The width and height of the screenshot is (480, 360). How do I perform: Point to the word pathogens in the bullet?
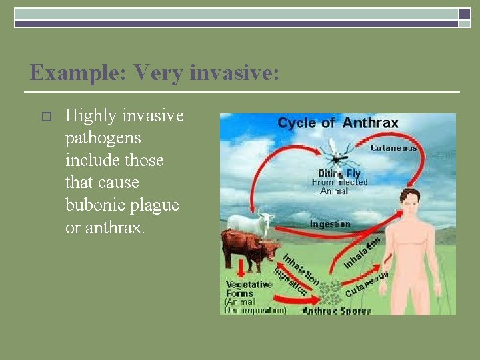103,139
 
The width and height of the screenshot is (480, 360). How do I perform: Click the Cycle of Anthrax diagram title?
337,123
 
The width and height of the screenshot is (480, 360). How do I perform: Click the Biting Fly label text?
340,173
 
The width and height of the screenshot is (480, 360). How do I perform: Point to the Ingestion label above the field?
330,224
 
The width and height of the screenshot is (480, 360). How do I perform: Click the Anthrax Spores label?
336,310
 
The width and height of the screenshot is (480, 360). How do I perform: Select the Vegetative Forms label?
249,289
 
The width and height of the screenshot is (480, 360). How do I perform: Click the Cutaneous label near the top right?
393,148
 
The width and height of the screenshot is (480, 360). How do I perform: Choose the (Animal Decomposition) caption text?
255,306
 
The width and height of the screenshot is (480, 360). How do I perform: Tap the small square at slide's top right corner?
464,14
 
